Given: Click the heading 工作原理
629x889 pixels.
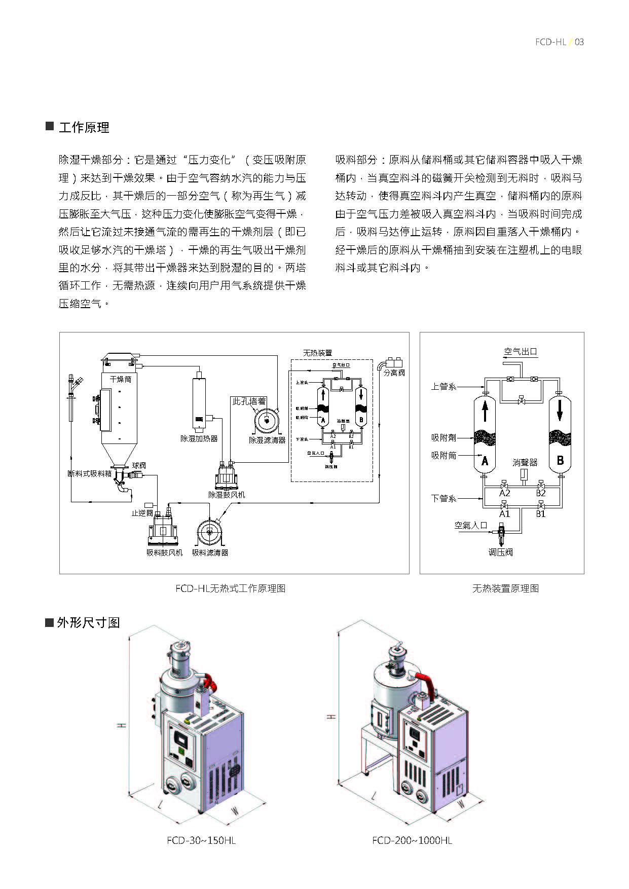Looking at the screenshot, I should pos(84,127).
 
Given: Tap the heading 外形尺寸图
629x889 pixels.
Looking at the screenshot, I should pos(88,622).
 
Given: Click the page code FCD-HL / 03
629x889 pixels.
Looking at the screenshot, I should pos(559,42).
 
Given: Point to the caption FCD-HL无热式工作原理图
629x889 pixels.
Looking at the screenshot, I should pos(230,588).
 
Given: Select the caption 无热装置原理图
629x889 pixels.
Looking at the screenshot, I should pos(505,588).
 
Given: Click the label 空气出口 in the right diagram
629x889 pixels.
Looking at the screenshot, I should pos(520,352).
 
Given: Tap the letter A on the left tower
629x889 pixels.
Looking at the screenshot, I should pos(485,461).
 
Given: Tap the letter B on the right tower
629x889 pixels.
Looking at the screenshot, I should pos(560,460).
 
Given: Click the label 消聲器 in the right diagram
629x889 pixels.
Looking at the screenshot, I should pos(525,462).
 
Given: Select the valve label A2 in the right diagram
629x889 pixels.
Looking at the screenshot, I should pos(504,493).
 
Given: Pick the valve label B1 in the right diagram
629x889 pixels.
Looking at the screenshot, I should pos(541,513).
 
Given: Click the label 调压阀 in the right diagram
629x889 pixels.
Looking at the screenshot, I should pos(500,552).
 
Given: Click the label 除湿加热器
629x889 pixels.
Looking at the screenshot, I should pos(199,438).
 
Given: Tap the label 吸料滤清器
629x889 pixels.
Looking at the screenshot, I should pos(210,552).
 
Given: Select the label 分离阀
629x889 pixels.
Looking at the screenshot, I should pos(394,373).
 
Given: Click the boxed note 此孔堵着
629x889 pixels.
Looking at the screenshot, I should pos(249,401).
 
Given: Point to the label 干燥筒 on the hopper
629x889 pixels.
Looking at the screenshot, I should pos(120,379).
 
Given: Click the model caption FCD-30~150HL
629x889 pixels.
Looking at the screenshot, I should pos(201,840).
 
